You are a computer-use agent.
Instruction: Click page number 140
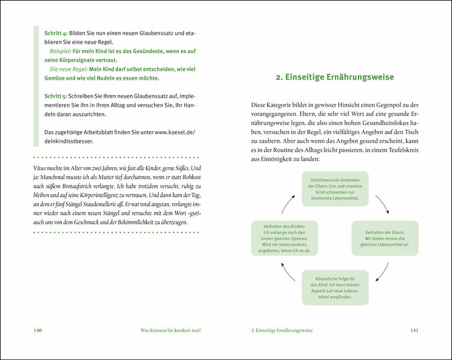point(38,330)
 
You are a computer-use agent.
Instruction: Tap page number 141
point(414,330)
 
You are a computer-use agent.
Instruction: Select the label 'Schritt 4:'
point(56,33)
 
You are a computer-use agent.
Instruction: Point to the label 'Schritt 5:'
point(56,96)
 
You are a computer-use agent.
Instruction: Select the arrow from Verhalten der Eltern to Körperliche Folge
point(381,272)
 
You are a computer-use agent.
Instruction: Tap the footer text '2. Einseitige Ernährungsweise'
point(282,330)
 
